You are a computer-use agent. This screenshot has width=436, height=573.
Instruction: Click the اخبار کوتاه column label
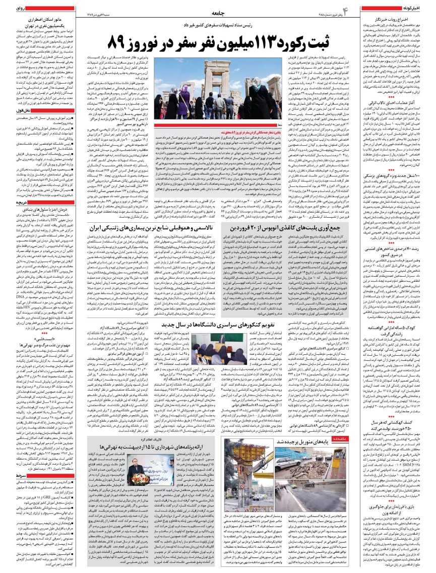click(x=419, y=9)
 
